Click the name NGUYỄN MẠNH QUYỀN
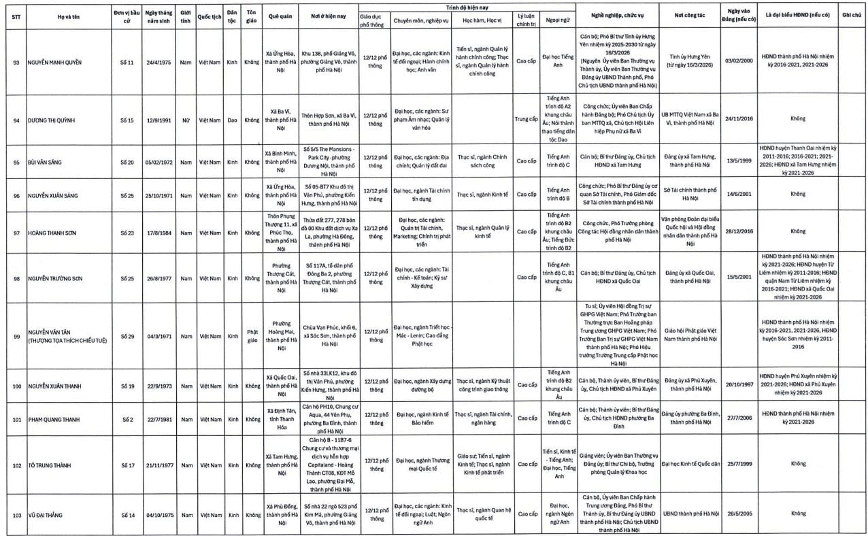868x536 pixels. point(54,62)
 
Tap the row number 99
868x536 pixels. point(16,336)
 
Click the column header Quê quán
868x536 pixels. point(281,15)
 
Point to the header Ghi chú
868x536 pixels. point(851,15)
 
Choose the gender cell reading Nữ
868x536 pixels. point(185,120)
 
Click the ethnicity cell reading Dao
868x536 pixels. point(232,120)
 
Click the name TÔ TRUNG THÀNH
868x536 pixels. point(52,465)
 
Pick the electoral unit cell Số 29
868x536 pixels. point(127,336)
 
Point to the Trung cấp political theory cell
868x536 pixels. point(526,120)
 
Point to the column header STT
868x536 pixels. point(16,15)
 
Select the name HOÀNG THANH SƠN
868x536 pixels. point(53,231)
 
